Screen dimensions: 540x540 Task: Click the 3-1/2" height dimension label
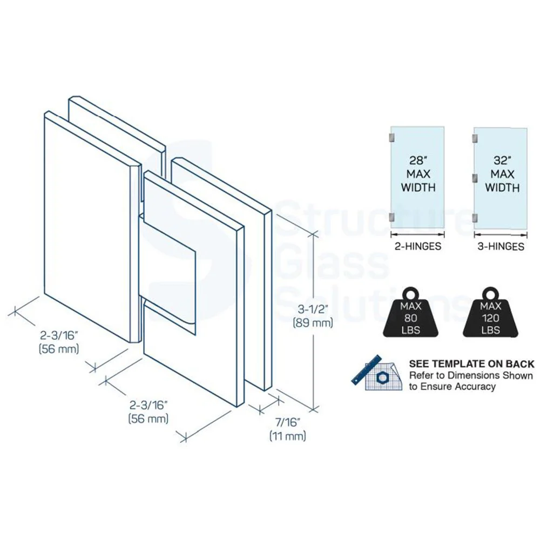click(x=312, y=309)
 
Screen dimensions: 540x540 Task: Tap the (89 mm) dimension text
click(x=313, y=323)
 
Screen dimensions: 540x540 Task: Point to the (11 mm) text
click(x=288, y=436)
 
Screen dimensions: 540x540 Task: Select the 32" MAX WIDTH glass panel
click(x=501, y=178)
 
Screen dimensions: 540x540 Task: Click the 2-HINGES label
click(x=418, y=247)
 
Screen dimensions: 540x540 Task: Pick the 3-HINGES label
click(x=501, y=247)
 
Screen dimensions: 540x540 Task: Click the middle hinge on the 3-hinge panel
click(x=475, y=178)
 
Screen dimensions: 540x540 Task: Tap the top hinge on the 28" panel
click(x=392, y=137)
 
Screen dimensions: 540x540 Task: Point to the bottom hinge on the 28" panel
click(x=392, y=217)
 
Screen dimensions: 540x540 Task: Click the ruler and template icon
click(x=377, y=373)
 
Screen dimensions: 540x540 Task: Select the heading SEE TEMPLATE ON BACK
click(x=471, y=364)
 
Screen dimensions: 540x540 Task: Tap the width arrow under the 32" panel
click(x=501, y=235)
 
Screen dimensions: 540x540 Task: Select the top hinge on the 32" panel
click(x=475, y=138)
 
